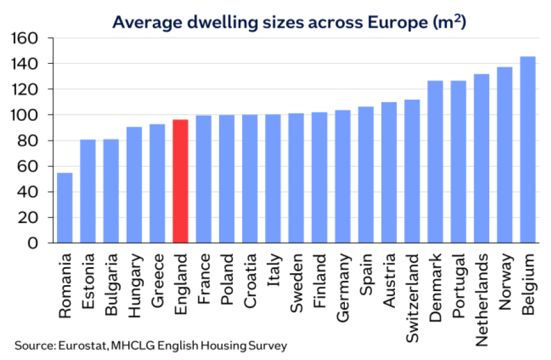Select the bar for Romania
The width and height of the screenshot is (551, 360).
[64, 208]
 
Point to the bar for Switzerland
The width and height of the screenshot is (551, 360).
[412, 171]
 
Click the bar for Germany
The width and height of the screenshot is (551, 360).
[342, 176]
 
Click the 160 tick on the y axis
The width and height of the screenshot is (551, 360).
[25, 38]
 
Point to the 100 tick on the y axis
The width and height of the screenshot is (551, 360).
[25, 115]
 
